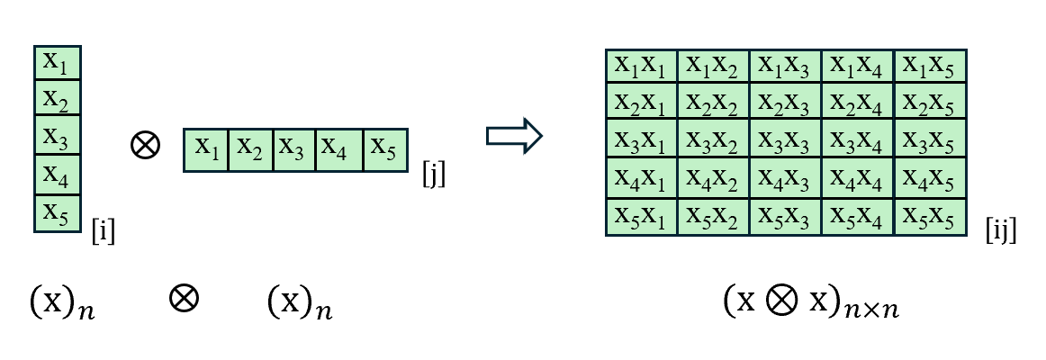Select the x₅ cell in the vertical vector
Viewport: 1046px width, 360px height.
57,213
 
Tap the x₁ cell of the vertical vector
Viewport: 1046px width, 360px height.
57,63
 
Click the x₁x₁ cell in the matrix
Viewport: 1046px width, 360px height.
641,65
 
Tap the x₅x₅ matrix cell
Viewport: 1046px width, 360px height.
930,217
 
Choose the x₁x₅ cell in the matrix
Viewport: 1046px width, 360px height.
930,65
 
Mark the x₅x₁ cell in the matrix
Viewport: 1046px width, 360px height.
641,217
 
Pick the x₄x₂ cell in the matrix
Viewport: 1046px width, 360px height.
713,178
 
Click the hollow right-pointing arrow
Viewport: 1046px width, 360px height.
514,136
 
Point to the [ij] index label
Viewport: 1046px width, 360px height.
1000,231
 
